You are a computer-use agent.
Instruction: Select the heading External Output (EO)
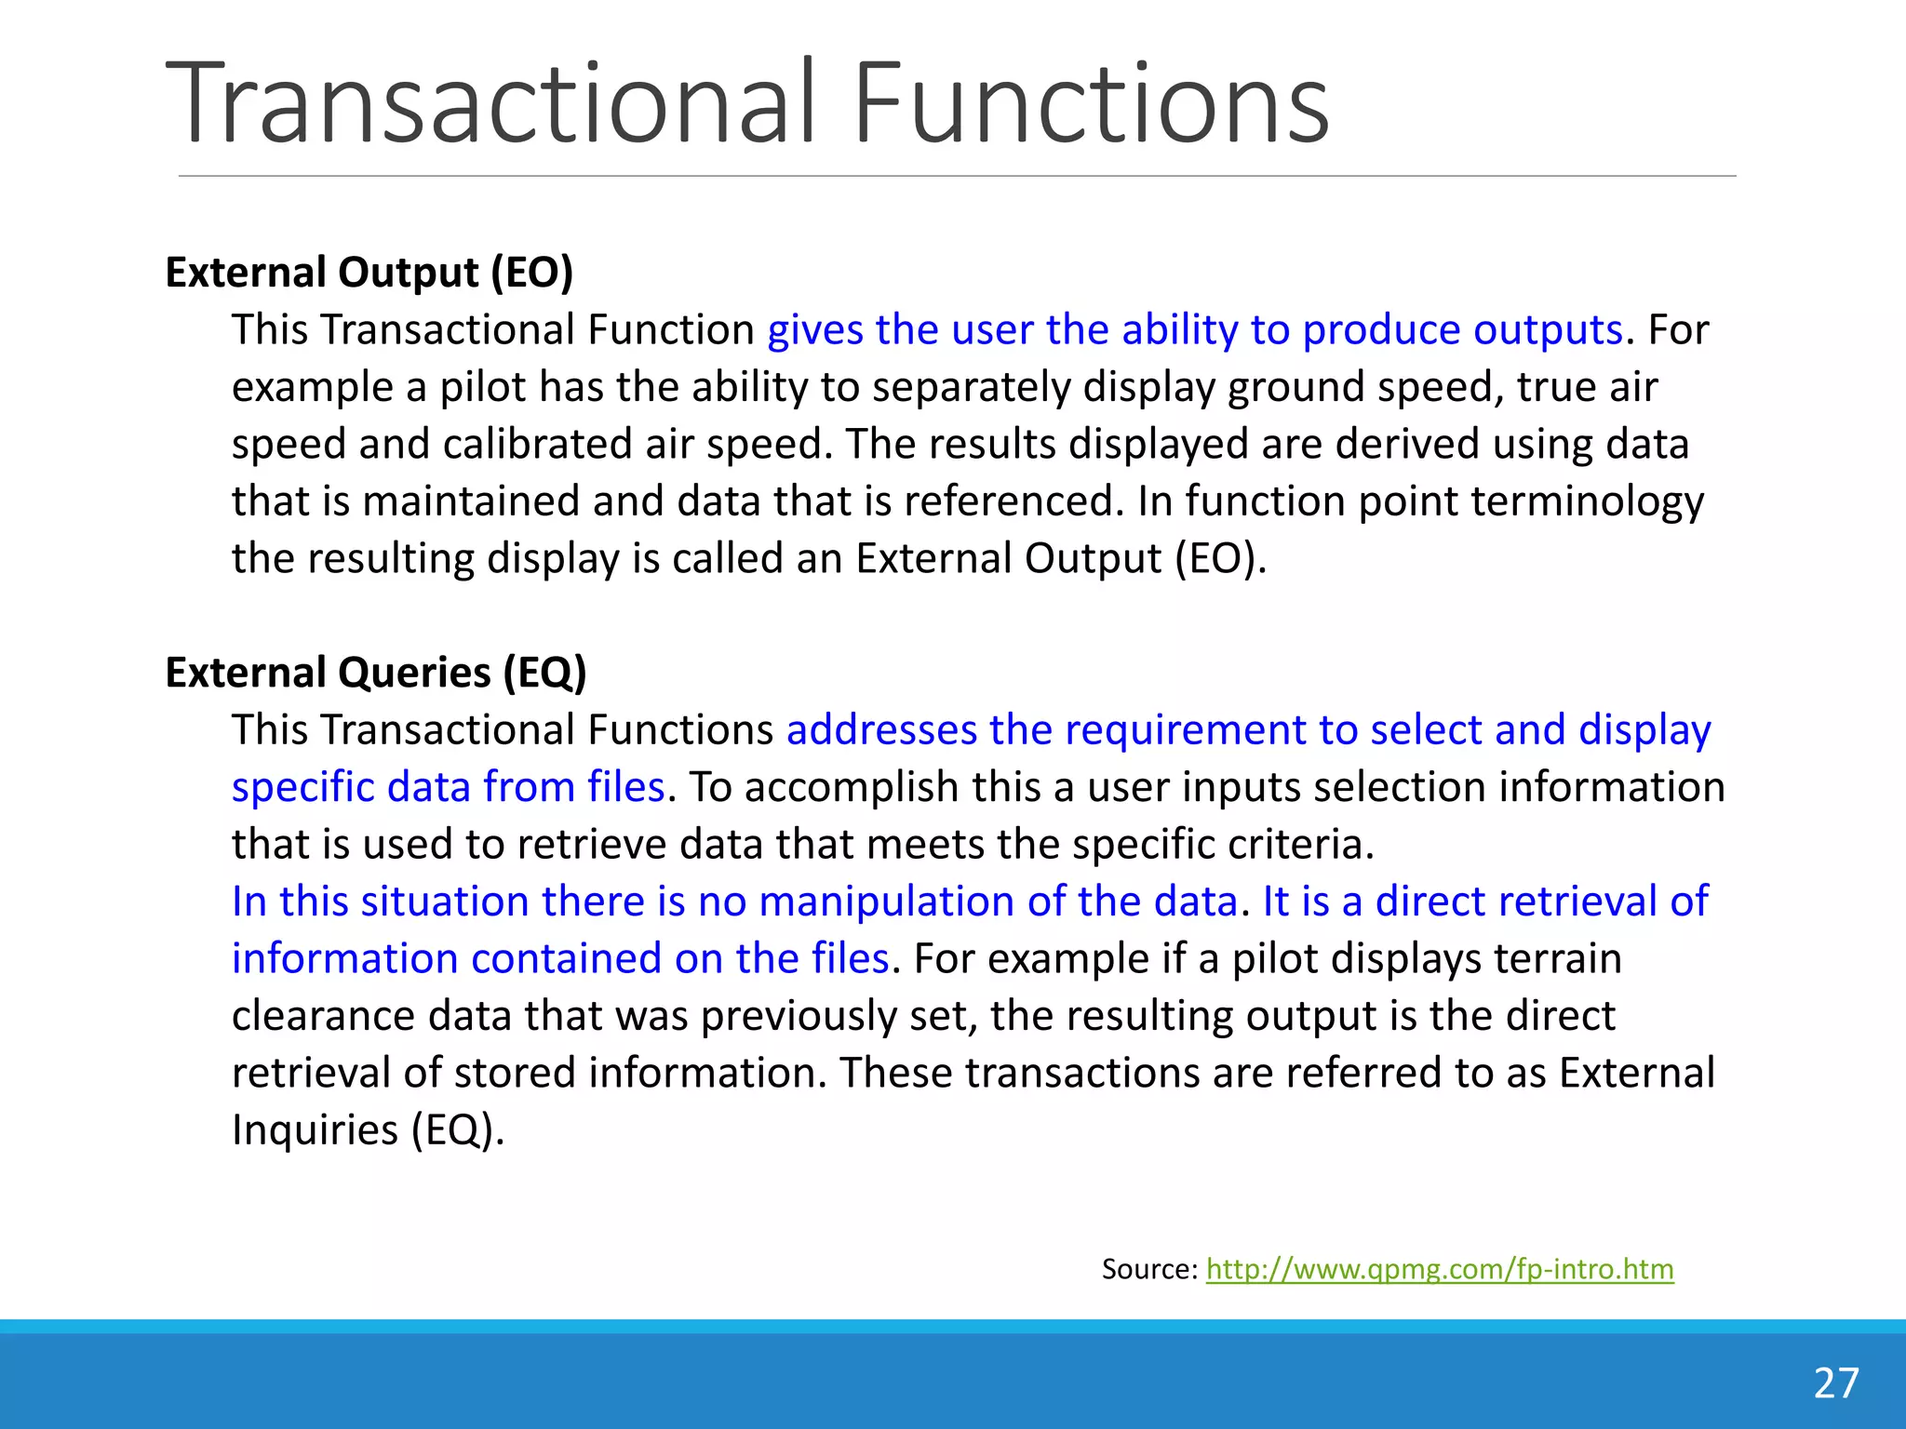coord(369,273)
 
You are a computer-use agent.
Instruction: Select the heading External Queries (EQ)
coord(376,673)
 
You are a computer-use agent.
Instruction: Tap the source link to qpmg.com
coord(1440,1269)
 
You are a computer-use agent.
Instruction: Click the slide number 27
coord(1835,1383)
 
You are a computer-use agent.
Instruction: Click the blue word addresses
coord(881,730)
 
